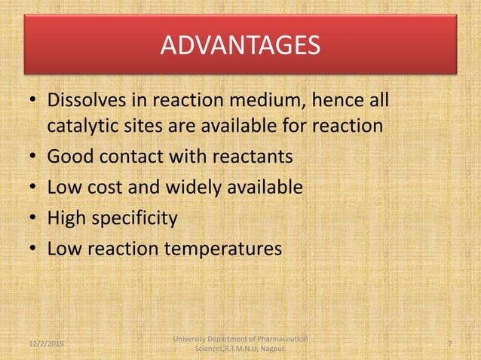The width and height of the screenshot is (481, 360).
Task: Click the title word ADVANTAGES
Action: tap(240, 47)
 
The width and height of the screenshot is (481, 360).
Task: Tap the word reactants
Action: tap(250, 157)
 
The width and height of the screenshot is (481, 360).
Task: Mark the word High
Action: tap(67, 218)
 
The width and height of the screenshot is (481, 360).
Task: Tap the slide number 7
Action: tap(449, 343)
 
